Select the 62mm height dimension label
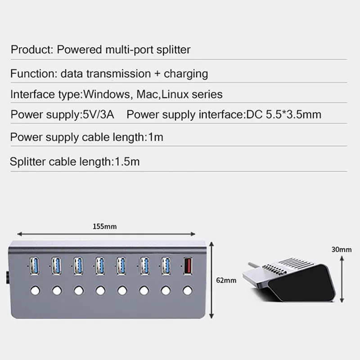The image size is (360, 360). click(226, 281)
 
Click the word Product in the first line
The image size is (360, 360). click(31, 49)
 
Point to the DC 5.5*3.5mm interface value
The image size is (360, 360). click(284, 114)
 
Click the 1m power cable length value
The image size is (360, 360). click(156, 137)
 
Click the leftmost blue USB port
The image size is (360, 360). click(35, 265)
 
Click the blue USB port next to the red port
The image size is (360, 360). click(166, 265)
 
